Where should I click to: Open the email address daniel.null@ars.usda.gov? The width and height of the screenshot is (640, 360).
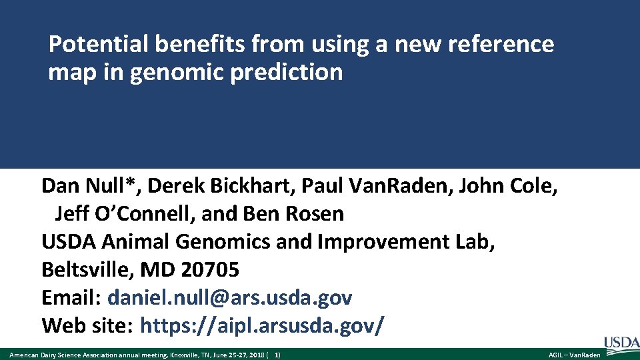point(229,297)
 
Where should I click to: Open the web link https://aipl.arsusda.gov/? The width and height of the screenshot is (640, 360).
point(261,326)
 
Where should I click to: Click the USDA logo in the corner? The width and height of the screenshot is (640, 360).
point(621,344)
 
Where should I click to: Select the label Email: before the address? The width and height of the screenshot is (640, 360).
point(71,297)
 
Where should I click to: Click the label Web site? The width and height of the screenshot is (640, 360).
point(89,326)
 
